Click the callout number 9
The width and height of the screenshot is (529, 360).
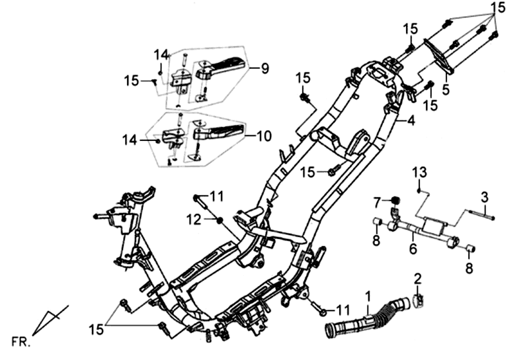pos(264,67)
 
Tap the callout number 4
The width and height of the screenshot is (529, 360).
pos(411,120)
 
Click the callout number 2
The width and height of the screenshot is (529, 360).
pos(418,277)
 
